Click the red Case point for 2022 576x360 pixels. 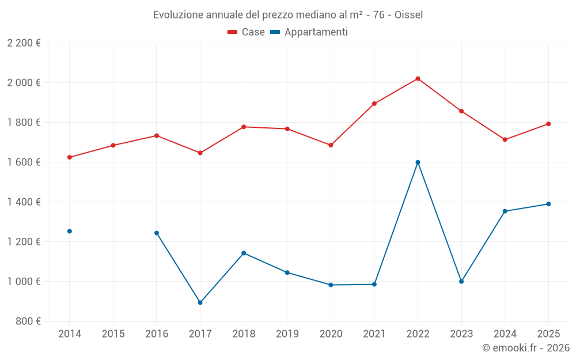pos(418,78)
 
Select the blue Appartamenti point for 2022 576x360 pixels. pos(418,162)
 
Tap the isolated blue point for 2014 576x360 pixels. pos(70,231)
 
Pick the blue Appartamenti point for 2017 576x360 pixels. pos(200,302)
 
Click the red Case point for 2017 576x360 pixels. pos(200,153)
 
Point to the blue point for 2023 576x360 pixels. pos(461,282)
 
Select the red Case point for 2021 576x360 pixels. pos(374,104)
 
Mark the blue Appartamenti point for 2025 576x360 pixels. pos(548,204)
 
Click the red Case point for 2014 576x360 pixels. pos(70,157)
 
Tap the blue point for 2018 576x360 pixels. pos(244,253)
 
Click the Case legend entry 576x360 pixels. pos(247,32)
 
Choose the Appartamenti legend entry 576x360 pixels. pos(309,32)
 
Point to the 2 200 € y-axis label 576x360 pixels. pos(24,43)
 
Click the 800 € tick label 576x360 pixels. pos(27,321)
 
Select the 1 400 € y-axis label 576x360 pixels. pos(24,202)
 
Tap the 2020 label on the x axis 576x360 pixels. pos(331,334)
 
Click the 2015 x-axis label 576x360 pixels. pos(113,334)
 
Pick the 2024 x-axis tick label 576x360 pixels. pos(505,334)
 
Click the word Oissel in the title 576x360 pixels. pos(408,14)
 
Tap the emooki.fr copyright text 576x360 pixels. pos(525,348)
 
